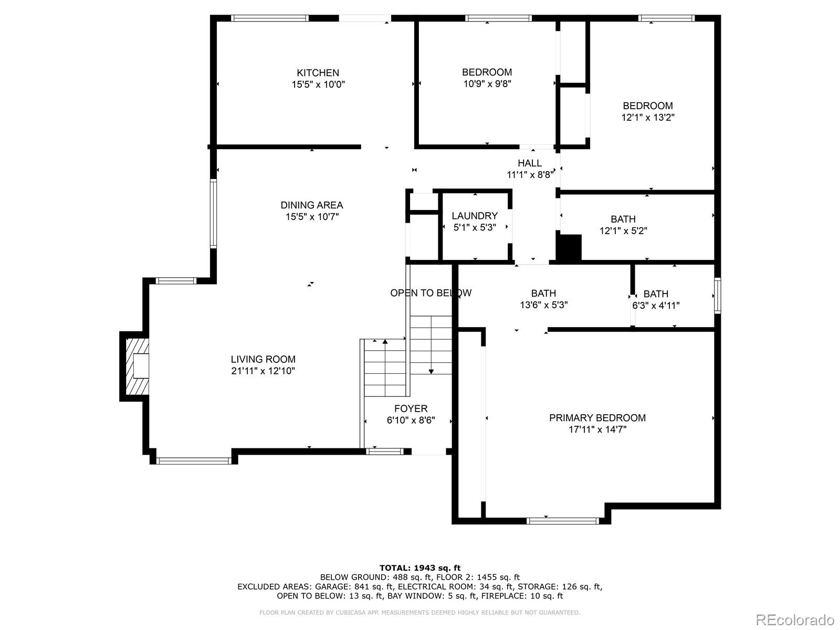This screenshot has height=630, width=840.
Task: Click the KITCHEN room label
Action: (x=318, y=73)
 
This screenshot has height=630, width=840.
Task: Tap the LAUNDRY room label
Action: (x=475, y=216)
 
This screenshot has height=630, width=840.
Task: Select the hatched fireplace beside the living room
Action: (x=136, y=366)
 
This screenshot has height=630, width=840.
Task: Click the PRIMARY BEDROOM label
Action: (x=597, y=418)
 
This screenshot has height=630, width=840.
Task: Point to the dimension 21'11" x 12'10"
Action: (x=263, y=371)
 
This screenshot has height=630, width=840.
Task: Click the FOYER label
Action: (x=411, y=408)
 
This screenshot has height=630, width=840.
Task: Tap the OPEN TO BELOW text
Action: (x=430, y=293)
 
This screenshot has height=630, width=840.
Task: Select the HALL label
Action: (x=529, y=163)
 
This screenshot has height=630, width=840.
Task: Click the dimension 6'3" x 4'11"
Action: (x=656, y=306)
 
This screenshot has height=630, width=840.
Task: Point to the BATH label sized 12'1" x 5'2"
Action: (x=623, y=219)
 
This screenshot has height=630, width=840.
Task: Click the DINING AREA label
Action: (x=312, y=205)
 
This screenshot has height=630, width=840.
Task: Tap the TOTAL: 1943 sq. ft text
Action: (x=419, y=568)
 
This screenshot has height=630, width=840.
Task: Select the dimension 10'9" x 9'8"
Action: (x=487, y=83)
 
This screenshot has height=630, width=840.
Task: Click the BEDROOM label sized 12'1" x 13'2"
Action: (x=647, y=106)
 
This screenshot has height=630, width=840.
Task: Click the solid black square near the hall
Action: (x=569, y=248)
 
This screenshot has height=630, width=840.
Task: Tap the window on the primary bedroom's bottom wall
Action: (x=562, y=521)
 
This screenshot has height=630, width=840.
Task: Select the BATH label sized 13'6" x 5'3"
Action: (x=543, y=293)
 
